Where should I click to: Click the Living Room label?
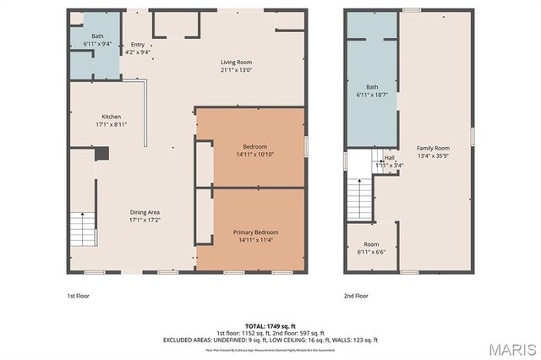click(236, 63)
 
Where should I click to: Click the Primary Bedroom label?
click(254, 232)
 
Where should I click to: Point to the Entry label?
click(137, 46)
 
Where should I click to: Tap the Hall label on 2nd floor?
click(389, 157)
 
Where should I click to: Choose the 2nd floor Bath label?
click(372, 87)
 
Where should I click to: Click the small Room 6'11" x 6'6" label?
click(372, 244)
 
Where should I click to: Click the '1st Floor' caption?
click(78, 297)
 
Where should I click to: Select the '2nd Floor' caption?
click(356, 297)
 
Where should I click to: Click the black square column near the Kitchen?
click(101, 154)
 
